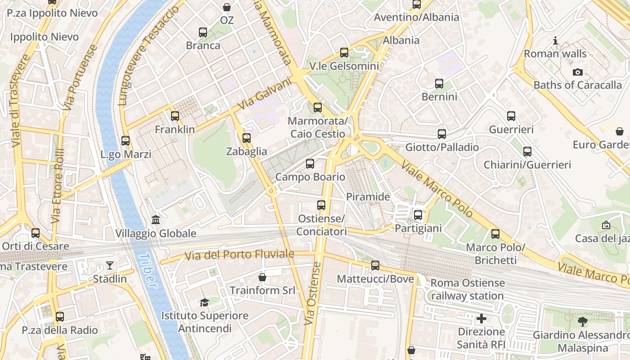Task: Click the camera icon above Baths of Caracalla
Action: (x=577, y=72)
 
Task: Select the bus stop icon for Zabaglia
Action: (x=246, y=138)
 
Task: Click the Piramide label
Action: (x=368, y=197)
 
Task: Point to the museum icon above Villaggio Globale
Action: (x=156, y=220)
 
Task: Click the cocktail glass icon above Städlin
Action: (x=110, y=265)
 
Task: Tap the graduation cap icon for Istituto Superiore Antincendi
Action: (x=205, y=302)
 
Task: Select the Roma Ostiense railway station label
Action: (x=468, y=289)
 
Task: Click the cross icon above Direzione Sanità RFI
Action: (x=481, y=319)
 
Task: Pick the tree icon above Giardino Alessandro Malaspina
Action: (x=582, y=322)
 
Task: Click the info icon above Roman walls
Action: (x=555, y=41)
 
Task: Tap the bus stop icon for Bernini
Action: (x=439, y=84)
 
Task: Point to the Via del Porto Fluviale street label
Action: (x=234, y=255)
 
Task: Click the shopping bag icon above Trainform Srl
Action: (x=262, y=277)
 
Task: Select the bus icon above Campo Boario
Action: (x=310, y=164)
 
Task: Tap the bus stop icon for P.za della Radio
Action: (x=60, y=317)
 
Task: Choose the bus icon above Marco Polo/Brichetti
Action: (x=495, y=234)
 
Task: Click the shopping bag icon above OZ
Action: (x=227, y=7)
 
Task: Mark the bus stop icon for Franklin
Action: (x=175, y=116)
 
